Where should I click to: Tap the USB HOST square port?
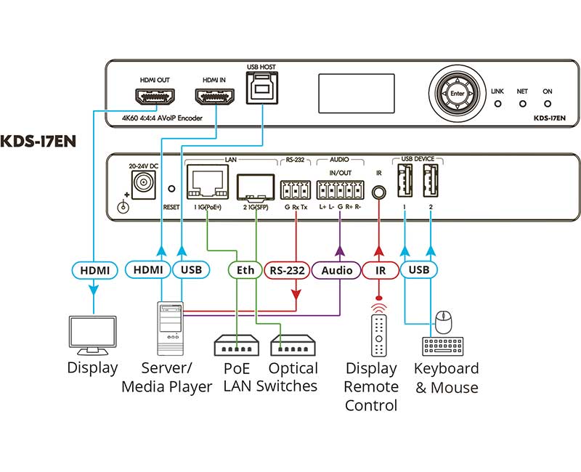coord(261,89)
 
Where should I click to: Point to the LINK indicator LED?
coord(497,104)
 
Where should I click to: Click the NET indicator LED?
coord(522,104)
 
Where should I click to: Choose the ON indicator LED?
coord(547,104)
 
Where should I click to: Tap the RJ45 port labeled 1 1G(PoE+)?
coord(207,182)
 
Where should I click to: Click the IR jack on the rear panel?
coord(378,192)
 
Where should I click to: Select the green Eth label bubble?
coord(245,270)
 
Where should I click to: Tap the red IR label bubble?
coord(380,270)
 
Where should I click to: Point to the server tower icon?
coord(169,327)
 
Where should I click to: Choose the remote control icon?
coord(379,330)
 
